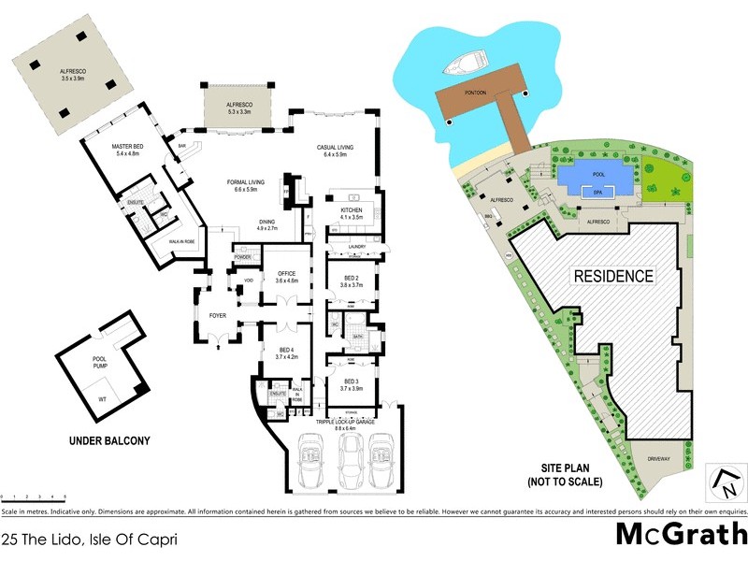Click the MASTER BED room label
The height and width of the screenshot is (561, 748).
point(126,148)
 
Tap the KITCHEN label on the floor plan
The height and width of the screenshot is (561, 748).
point(351,210)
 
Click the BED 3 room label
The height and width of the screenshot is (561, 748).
point(351,381)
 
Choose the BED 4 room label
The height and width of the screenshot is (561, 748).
point(285,352)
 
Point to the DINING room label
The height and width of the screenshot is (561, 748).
point(266,222)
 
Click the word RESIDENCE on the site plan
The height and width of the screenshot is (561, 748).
point(613,276)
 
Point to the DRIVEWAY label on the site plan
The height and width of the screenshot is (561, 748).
point(660,459)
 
